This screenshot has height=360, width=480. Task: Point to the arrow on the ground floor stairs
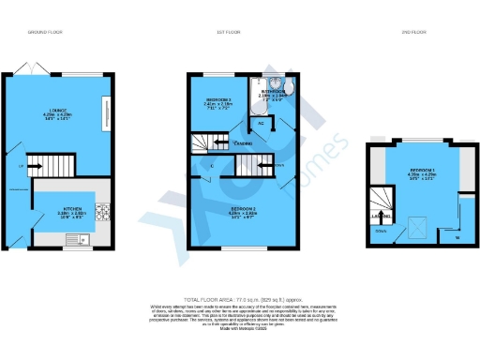tap(34, 169)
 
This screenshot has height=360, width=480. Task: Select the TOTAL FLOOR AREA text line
tap(239, 296)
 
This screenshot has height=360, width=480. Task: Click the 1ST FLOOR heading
tap(228, 31)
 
